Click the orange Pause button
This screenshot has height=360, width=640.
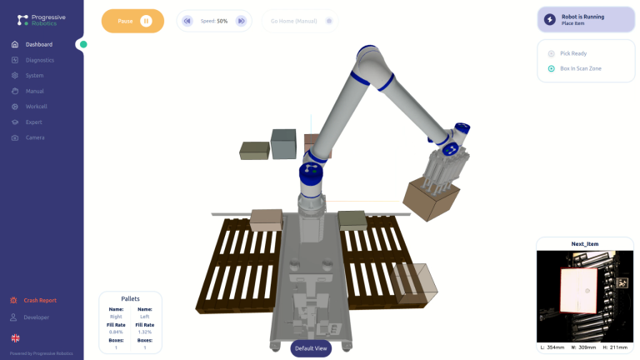tap(132, 21)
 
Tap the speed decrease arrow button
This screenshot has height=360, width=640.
tap(187, 21)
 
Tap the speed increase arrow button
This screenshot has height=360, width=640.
tap(241, 21)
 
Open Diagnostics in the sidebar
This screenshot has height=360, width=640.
tap(39, 60)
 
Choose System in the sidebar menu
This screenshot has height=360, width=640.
tap(34, 76)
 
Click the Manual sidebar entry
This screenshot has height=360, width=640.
tap(34, 91)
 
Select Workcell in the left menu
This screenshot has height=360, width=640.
tap(36, 107)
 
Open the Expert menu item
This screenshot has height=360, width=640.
tap(33, 122)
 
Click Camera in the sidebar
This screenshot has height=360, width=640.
tap(35, 137)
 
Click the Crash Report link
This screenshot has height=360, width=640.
tap(40, 300)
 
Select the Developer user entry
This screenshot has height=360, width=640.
tap(36, 317)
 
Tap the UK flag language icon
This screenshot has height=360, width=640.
tap(15, 337)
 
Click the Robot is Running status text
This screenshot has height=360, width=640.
tap(582, 16)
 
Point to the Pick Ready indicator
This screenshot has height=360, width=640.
tap(573, 53)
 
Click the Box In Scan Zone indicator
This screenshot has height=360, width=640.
tap(580, 68)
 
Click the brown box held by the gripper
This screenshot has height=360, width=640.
tap(430, 198)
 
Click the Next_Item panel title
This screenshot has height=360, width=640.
tap(584, 244)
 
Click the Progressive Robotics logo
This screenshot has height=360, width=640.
tap(41, 19)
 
